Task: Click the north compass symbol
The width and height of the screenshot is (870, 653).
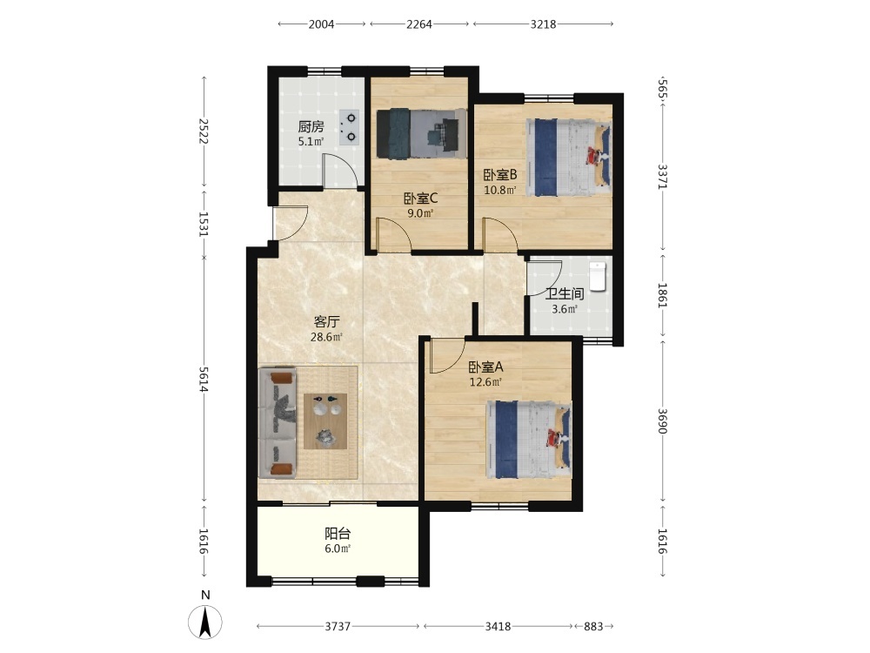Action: (205, 622)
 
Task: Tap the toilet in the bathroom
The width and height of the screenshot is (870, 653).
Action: (597, 277)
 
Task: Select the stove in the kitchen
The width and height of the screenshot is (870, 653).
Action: (350, 127)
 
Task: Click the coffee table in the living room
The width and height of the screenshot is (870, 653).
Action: (325, 421)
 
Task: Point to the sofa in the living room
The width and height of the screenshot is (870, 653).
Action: (278, 422)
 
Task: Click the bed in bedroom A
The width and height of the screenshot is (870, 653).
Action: (529, 439)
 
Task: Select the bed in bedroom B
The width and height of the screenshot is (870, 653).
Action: (569, 157)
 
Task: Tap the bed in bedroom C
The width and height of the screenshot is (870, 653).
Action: (421, 133)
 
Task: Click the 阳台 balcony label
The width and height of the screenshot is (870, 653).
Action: (338, 534)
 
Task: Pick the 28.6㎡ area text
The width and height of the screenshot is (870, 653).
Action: (326, 337)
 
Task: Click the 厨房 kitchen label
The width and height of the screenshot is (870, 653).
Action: (311, 126)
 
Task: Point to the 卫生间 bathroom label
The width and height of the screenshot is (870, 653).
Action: (565, 293)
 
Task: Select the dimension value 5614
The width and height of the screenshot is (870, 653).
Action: (204, 380)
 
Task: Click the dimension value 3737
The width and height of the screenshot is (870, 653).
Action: (338, 626)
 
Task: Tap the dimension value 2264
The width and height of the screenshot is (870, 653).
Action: (419, 24)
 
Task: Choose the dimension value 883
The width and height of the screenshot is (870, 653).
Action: (593, 626)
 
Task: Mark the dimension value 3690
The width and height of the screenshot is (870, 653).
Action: (662, 421)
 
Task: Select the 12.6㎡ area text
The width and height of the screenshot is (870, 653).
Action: (486, 382)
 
